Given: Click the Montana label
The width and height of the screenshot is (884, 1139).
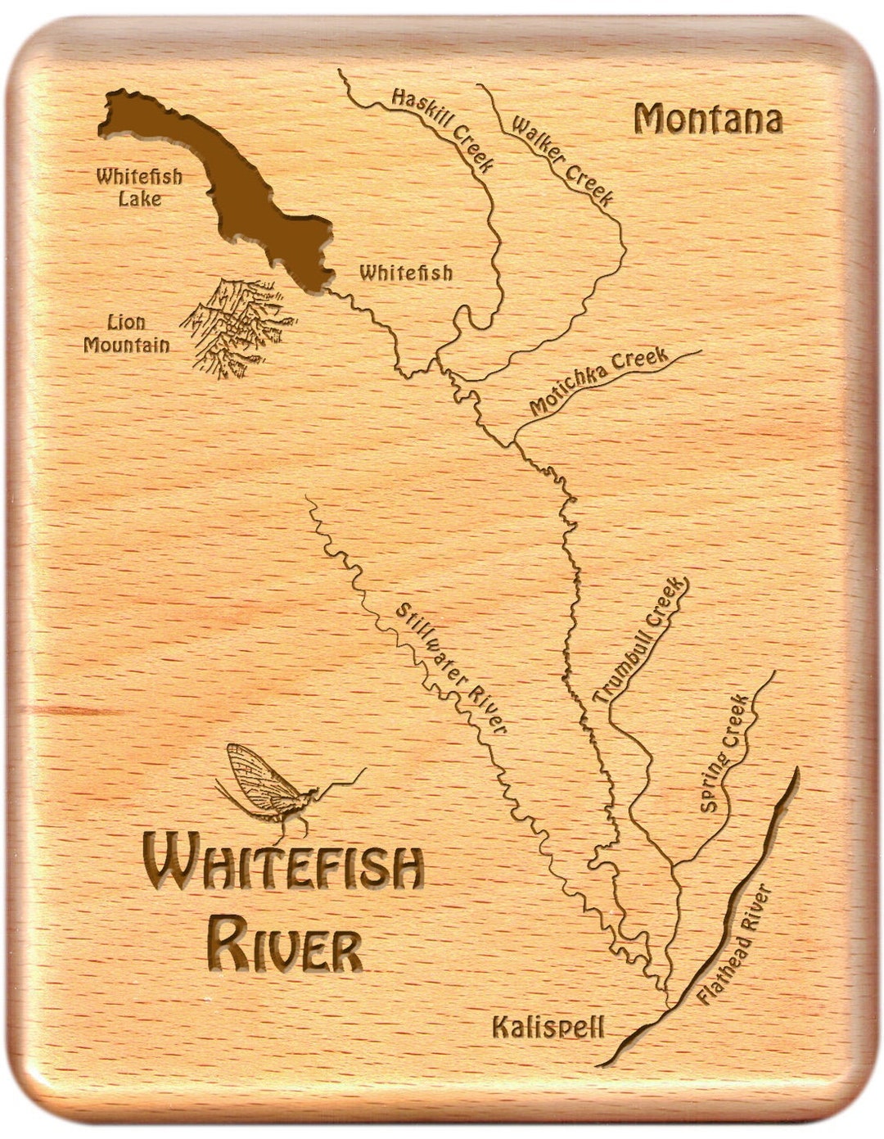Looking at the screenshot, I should (708, 120).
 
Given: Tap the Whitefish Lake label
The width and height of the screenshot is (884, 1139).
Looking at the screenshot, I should (138, 187).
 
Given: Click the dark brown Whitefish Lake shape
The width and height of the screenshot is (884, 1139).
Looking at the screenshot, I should (237, 188).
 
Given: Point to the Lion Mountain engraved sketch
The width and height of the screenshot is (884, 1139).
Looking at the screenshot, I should (237, 328).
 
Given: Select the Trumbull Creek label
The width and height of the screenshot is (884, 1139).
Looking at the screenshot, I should (642, 641).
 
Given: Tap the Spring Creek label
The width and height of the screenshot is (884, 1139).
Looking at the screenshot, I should (724, 753).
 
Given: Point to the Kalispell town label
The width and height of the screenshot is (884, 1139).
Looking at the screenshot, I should (548, 1026).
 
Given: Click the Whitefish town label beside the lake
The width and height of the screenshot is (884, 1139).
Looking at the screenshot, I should (405, 272).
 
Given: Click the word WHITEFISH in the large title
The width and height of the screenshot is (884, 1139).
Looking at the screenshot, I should (283, 870).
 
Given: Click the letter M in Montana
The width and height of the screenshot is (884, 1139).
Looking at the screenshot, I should (648, 120).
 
